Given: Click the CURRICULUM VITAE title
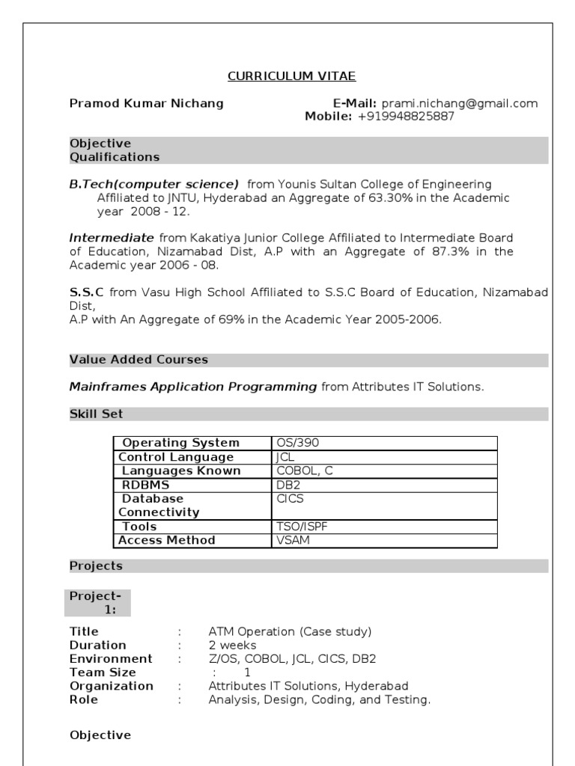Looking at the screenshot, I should [x=292, y=76].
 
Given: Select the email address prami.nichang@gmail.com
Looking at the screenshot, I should [x=460, y=103].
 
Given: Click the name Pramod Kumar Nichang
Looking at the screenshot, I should [x=146, y=103].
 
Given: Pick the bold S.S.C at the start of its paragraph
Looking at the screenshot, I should [x=86, y=292].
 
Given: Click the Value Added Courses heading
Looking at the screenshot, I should [x=139, y=360].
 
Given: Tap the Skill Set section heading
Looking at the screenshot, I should [x=96, y=414].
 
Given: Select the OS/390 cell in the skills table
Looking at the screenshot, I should [x=298, y=443].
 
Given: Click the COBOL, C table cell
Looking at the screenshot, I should [x=305, y=471].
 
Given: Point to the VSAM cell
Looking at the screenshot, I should [x=293, y=540].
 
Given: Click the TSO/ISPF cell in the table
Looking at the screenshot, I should [x=302, y=527].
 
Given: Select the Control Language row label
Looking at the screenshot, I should [x=176, y=457].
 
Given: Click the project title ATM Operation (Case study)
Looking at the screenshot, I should [x=290, y=632].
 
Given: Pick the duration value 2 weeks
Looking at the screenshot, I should [x=232, y=646].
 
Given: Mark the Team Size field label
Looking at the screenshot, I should [x=103, y=672].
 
